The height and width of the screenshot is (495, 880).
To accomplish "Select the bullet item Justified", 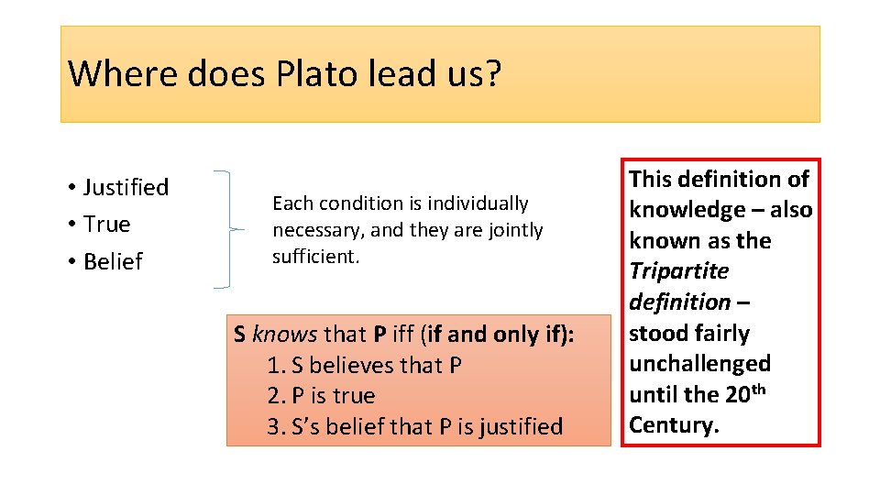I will (x=126, y=187).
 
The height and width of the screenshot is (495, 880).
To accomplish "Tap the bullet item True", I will (x=106, y=224).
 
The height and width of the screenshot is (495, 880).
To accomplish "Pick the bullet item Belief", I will (x=113, y=261).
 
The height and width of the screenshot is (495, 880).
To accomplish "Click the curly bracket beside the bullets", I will (x=227, y=229).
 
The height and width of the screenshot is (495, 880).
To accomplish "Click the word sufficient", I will (x=315, y=257).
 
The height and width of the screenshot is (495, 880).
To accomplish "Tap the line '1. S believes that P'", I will (x=364, y=365).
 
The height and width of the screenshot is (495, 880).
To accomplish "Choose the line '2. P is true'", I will (x=321, y=396).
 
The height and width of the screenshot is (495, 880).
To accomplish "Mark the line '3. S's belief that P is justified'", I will (x=414, y=426).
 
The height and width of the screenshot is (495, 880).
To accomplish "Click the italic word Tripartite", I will (x=679, y=271).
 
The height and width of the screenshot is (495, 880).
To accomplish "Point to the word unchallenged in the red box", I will (x=699, y=364).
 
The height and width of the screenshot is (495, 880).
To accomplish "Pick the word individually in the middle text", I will (x=483, y=203).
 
